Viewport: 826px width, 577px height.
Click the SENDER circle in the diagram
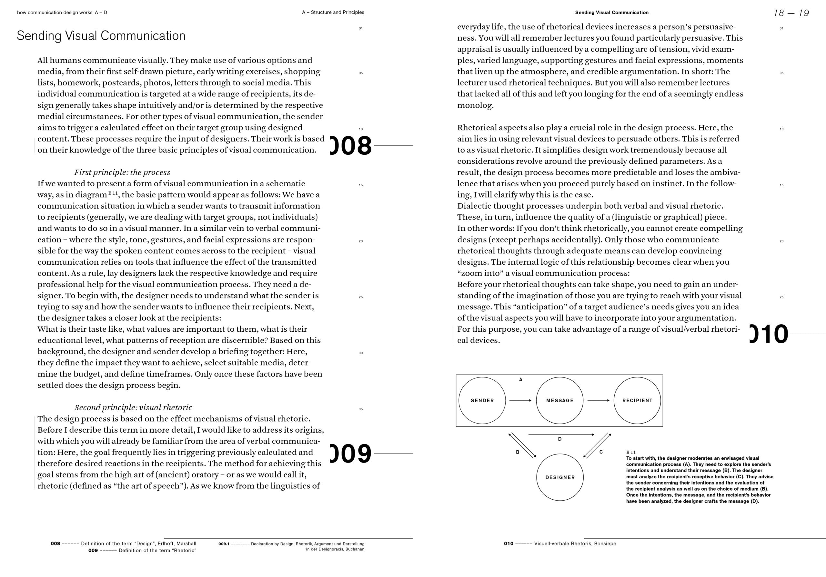(482, 400)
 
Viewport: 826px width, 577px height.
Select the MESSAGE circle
(559, 400)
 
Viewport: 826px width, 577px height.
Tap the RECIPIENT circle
(637, 400)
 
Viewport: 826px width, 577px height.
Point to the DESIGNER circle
(560, 477)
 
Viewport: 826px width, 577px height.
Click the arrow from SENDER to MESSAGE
(520, 400)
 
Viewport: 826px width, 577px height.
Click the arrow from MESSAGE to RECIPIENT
(598, 400)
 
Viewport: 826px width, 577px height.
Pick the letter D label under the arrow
(560, 439)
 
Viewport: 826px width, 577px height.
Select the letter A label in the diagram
(520, 380)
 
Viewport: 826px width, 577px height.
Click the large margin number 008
(351, 146)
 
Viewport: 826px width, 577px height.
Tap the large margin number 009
(351, 454)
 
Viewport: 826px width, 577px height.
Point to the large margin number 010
(769, 334)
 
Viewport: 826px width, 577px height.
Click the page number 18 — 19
(791, 13)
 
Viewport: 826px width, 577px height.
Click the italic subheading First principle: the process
(122, 172)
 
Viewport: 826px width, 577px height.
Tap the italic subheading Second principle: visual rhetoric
(133, 407)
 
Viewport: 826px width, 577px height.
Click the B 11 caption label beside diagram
(631, 452)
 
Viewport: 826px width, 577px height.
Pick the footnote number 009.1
(223, 544)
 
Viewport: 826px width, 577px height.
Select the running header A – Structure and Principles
(333, 12)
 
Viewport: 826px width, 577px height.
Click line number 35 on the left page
(360, 409)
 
